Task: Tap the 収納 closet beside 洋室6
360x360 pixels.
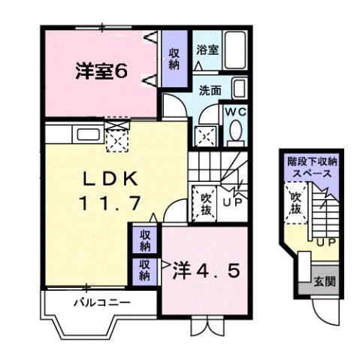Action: pyautogui.click(x=174, y=59)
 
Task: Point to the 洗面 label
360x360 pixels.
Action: pyautogui.click(x=210, y=89)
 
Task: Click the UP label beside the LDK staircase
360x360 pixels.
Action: pyautogui.click(x=231, y=203)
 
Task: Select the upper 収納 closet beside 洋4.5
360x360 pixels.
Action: pyautogui.click(x=145, y=241)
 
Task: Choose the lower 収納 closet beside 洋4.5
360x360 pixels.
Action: pyautogui.click(x=145, y=270)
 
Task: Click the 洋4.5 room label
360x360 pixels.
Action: pyautogui.click(x=210, y=270)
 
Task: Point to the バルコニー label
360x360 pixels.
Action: pyautogui.click(x=102, y=304)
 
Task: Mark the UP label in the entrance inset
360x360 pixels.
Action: pyautogui.click(x=325, y=244)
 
